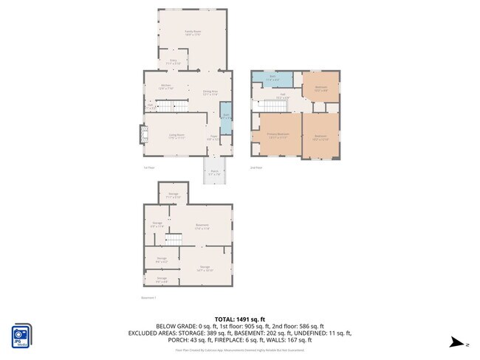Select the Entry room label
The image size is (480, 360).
[x=174, y=61]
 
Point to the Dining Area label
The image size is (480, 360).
[x=210, y=92]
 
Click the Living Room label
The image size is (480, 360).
[x=176, y=136]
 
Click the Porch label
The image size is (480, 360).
[x=214, y=173]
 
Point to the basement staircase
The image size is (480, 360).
[x=174, y=239]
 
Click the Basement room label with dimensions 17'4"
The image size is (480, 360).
[x=202, y=226]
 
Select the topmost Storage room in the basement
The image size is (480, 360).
[x=173, y=195]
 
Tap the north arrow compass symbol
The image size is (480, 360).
[x=459, y=343]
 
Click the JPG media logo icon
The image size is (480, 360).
[x=21, y=336]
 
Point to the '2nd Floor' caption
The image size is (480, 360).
[x=256, y=167]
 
